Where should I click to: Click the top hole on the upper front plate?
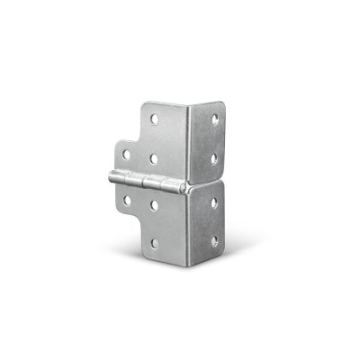154,118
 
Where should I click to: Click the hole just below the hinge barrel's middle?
155,204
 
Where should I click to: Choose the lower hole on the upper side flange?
214,159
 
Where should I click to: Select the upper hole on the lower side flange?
214,203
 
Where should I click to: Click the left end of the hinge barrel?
111,178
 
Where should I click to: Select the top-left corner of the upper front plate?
144,105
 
